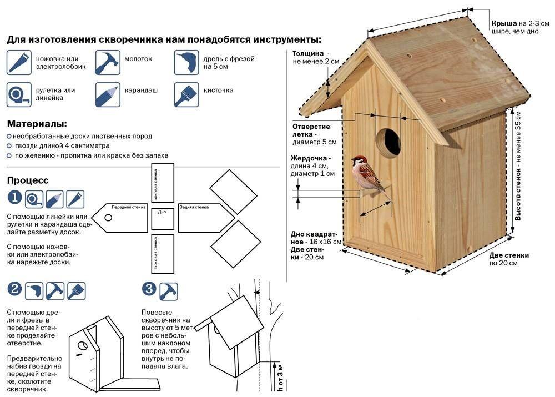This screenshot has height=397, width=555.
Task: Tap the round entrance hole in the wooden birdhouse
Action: click(x=389, y=142)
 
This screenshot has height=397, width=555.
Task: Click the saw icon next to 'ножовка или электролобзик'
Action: click(x=19, y=62)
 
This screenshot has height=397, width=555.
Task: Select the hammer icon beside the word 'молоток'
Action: click(x=108, y=62)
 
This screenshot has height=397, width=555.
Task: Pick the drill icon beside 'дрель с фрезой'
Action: click(x=186, y=62)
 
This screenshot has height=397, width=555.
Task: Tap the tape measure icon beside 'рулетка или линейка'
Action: click(x=19, y=94)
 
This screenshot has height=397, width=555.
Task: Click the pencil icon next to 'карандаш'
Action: click(x=108, y=94)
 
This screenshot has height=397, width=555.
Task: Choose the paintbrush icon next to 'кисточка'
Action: click(x=186, y=94)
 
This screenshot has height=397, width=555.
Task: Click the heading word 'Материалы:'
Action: click(x=37, y=124)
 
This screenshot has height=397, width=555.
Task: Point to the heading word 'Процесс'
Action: click(x=28, y=180)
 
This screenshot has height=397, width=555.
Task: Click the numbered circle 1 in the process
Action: click(x=14, y=197)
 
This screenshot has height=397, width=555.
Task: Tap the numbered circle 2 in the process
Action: click(x=14, y=289)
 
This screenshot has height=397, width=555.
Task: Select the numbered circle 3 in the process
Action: click(x=149, y=289)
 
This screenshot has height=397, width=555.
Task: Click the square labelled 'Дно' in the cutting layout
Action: click(x=163, y=219)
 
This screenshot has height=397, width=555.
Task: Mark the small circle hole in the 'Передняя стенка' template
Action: click(x=108, y=218)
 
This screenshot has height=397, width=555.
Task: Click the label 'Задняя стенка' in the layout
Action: click(x=194, y=207)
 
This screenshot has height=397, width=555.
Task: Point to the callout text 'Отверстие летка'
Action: click(x=311, y=130)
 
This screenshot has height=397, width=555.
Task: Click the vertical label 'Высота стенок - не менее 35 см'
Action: click(x=518, y=166)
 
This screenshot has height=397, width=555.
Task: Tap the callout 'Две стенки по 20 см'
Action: click(x=508, y=259)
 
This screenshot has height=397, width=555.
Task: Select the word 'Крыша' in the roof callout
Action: click(x=504, y=23)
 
